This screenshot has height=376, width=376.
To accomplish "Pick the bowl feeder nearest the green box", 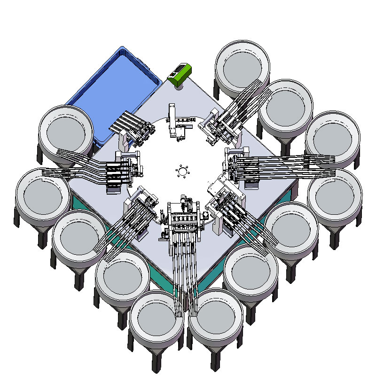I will click(x=243, y=68).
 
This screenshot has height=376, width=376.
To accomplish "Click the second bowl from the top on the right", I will click(x=285, y=106).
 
